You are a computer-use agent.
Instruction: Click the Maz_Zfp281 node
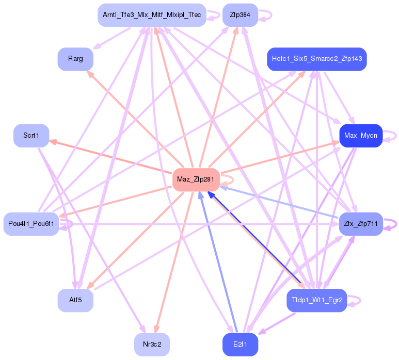click(x=196, y=179)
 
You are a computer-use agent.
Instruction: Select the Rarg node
click(x=75, y=59)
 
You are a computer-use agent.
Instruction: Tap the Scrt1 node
click(x=31, y=136)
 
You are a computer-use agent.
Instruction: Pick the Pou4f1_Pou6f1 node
click(x=31, y=224)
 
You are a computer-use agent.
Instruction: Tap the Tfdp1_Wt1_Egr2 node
click(x=316, y=300)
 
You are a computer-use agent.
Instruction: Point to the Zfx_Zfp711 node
click(x=361, y=224)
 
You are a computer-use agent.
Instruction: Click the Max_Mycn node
click(x=361, y=136)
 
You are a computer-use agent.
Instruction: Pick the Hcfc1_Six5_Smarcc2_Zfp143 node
click(x=316, y=59)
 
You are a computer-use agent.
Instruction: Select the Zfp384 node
click(x=240, y=15)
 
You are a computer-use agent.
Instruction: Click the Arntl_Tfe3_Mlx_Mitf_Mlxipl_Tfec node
click(x=152, y=15)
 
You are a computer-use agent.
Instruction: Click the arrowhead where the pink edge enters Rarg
click(x=90, y=74)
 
